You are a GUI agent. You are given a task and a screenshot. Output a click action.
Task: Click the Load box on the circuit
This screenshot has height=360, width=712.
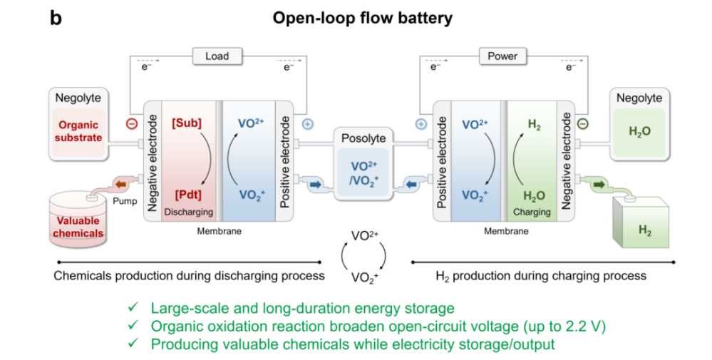click(x=217, y=56)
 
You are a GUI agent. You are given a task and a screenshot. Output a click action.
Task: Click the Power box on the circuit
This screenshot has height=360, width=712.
click(x=502, y=56)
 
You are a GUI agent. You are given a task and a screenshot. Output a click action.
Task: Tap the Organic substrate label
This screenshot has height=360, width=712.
click(x=78, y=131)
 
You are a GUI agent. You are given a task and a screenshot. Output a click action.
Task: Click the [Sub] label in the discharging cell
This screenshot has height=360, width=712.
click(x=187, y=123)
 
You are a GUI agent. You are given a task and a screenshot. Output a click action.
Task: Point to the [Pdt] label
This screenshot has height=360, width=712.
click(x=188, y=195)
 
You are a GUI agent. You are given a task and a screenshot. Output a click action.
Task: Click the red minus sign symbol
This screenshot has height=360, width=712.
click(x=132, y=123)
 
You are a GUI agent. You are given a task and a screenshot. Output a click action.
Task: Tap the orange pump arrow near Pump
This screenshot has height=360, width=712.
click(x=121, y=185)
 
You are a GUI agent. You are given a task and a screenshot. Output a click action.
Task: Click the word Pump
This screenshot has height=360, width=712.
click(x=125, y=201)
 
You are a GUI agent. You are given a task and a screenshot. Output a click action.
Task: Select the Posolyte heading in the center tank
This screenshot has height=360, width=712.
click(x=363, y=138)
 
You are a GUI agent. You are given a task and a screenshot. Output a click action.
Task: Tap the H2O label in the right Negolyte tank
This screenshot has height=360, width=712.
click(x=639, y=132)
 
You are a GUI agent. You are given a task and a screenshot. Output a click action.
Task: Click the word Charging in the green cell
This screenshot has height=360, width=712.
click(x=532, y=212)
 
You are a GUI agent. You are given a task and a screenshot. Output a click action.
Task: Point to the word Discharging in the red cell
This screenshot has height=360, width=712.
click(x=188, y=212)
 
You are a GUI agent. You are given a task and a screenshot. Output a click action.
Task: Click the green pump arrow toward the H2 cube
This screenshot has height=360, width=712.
click(x=599, y=185)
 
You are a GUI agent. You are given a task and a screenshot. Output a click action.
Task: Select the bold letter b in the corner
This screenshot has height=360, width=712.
click(x=56, y=19)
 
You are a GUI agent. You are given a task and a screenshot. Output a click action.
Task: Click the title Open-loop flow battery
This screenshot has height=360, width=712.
click(x=362, y=19)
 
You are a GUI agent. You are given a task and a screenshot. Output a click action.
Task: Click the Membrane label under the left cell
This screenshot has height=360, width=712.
click(x=220, y=231)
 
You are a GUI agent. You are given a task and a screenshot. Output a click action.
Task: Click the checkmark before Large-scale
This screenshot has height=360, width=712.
click(x=133, y=307)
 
